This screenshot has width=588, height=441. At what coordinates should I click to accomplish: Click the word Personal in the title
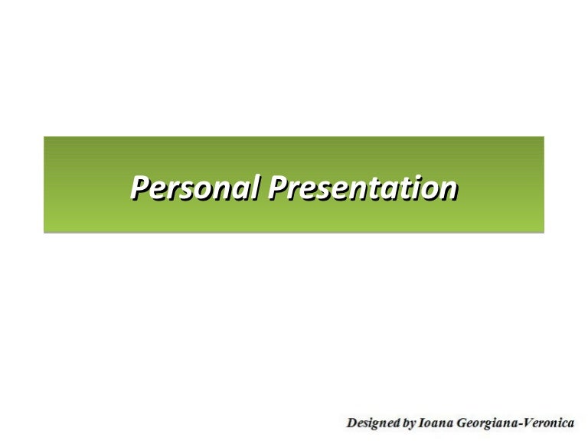pos(195,185)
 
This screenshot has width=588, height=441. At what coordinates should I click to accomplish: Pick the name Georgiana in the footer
pos(485,421)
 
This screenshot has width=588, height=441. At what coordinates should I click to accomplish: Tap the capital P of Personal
pos(139,185)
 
